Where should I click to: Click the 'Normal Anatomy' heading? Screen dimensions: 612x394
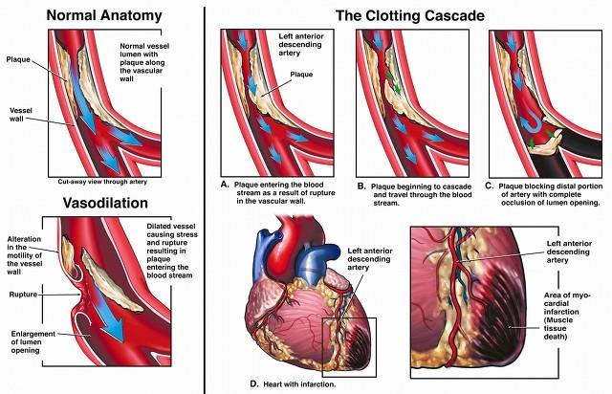(x=104, y=15)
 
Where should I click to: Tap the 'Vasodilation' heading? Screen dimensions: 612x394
(x=105, y=203)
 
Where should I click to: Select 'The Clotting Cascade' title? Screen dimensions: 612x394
(x=410, y=16)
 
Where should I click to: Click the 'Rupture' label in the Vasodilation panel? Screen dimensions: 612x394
(x=23, y=295)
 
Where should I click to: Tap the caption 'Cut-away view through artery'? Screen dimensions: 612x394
(x=102, y=182)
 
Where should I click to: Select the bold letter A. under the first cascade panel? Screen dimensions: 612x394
(x=225, y=185)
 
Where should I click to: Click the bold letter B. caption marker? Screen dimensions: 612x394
(x=361, y=186)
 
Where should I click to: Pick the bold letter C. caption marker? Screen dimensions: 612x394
(x=490, y=186)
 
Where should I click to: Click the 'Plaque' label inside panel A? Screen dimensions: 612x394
(x=301, y=75)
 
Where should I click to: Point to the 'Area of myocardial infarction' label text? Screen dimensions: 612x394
(x=567, y=316)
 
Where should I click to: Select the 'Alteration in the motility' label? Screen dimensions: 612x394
(x=24, y=255)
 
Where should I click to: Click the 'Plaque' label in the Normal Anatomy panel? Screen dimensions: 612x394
(x=18, y=59)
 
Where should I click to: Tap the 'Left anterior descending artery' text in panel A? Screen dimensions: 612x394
(x=301, y=45)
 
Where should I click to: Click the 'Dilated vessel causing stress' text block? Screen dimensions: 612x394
(x=172, y=251)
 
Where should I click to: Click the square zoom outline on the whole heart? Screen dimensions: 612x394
(x=323, y=347)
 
